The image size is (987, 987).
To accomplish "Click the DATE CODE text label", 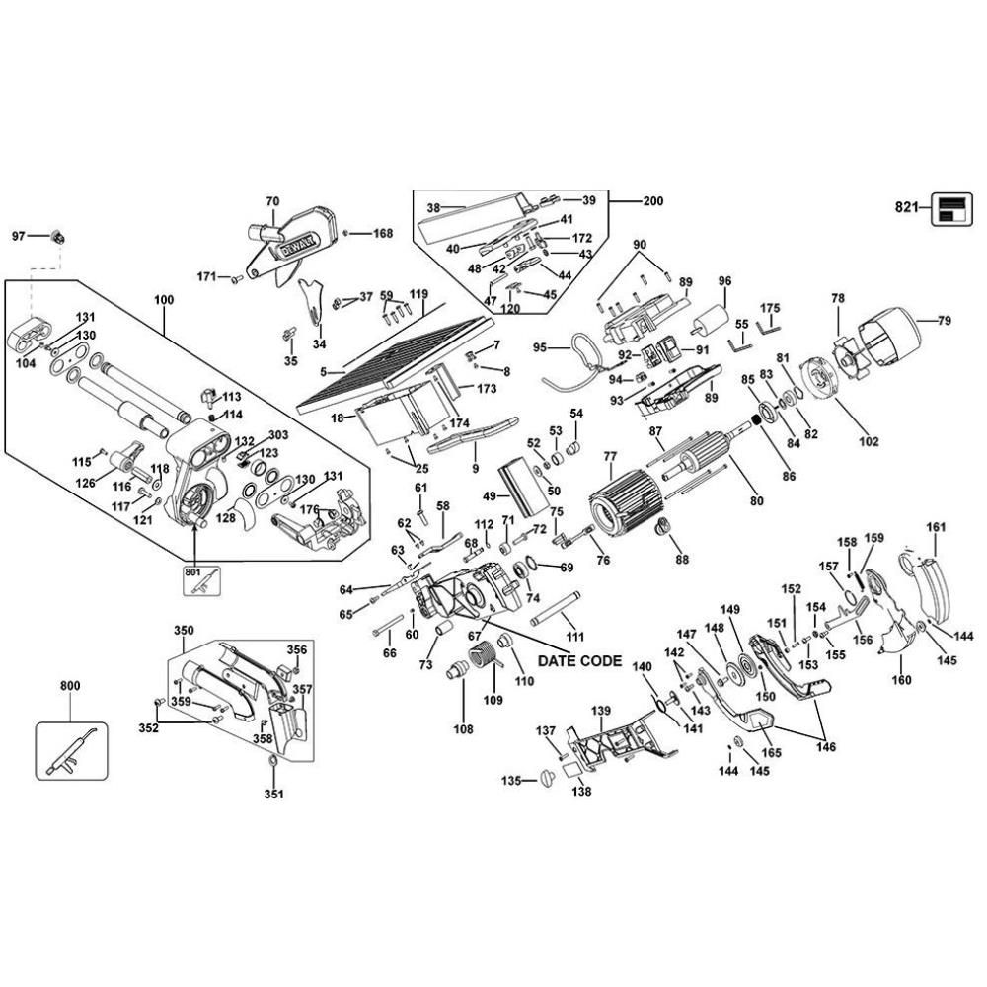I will point(578,661).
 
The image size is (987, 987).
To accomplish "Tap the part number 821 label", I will point(905,207).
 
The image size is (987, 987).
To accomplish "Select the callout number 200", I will point(652,201).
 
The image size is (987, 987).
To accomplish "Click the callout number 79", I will point(944,320).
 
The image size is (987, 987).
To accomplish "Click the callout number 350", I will point(185,630).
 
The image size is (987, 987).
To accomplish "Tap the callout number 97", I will point(19,236).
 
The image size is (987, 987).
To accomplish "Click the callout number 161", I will point(935,527).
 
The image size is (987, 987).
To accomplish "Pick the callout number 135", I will point(510,780).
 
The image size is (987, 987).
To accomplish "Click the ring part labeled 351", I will point(272,762).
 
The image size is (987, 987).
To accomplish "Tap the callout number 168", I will point(382,234).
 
